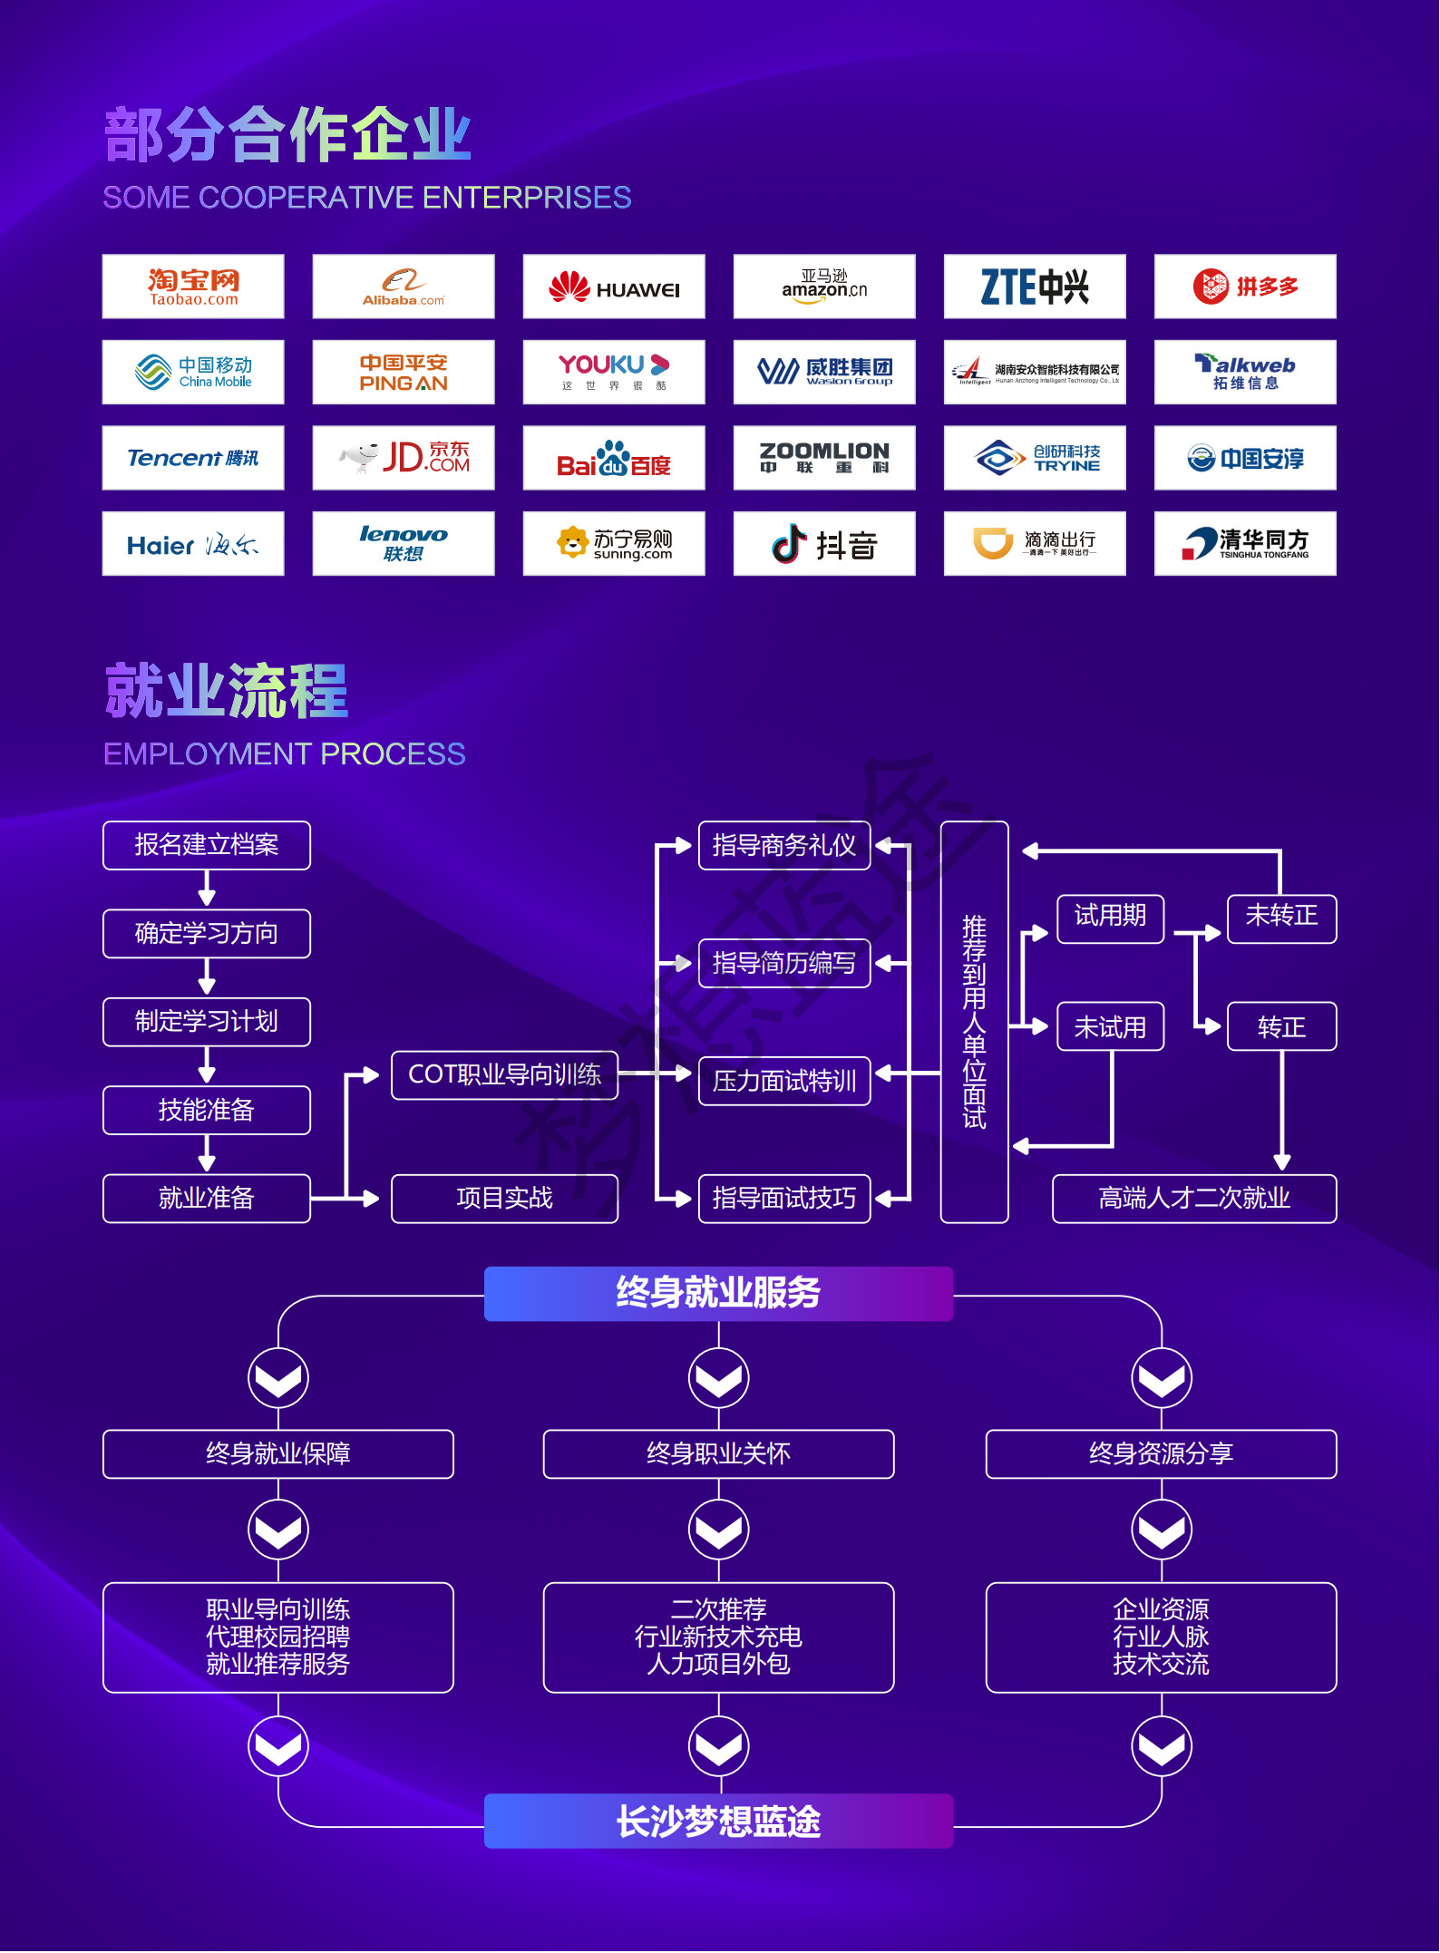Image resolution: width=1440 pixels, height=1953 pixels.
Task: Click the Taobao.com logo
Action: click(x=193, y=287)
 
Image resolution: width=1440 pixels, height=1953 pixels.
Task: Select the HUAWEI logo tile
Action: click(x=614, y=287)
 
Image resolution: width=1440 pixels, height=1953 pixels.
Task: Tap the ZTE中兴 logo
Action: click(x=1035, y=287)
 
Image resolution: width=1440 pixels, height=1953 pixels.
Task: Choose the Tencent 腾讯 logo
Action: click(x=193, y=458)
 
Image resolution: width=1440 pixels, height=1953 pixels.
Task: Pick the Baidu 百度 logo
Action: click(x=614, y=458)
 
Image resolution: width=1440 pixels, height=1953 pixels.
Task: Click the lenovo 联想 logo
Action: click(x=404, y=543)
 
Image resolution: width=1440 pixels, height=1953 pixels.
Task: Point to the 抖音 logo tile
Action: click(x=824, y=543)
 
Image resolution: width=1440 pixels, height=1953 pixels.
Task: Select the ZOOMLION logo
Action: click(x=824, y=458)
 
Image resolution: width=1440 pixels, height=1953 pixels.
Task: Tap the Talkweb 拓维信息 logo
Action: click(x=1245, y=372)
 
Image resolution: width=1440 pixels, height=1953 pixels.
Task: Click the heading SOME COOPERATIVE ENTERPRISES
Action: click(x=367, y=198)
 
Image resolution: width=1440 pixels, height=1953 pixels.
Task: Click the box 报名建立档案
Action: click(x=207, y=845)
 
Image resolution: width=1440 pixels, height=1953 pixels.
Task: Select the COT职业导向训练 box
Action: click(x=504, y=1074)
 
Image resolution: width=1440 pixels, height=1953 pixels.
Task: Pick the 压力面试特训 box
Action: click(x=784, y=1081)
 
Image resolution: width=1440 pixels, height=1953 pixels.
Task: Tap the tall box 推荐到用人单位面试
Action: click(x=975, y=1022)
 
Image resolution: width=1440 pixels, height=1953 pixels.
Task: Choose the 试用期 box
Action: click(x=1110, y=918)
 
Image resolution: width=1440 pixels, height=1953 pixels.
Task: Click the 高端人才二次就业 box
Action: click(x=1194, y=1199)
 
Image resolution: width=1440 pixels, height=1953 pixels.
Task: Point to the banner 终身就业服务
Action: click(x=718, y=1293)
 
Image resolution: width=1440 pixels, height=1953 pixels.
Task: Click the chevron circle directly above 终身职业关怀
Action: click(x=718, y=1378)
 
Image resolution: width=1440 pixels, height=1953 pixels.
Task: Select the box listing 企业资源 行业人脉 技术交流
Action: click(x=1161, y=1637)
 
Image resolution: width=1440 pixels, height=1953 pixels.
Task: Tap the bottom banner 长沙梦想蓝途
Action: click(x=718, y=1822)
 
